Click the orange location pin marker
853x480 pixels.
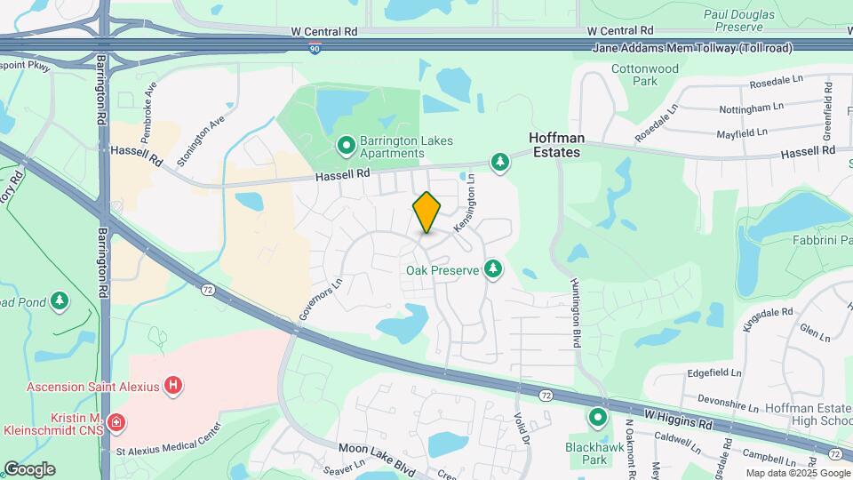coord(426,212)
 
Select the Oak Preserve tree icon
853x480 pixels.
coord(493,268)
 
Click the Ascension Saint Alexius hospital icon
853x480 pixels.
coord(174,385)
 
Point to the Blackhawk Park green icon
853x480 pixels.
coord(598,416)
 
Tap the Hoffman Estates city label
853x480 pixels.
coord(555,145)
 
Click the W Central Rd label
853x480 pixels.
coord(324,31)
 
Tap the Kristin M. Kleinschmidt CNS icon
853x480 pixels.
coord(116,421)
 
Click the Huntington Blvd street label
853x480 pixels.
coord(575,311)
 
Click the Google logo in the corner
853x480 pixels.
coord(29,468)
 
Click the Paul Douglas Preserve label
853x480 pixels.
coord(745,20)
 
